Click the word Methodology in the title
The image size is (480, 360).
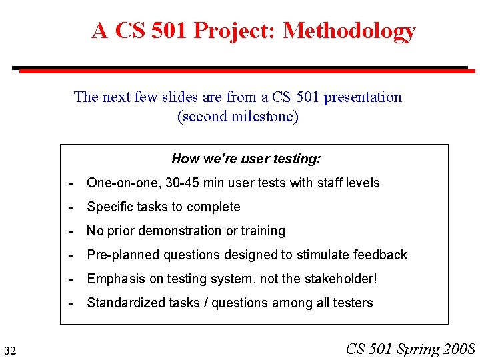point(349,31)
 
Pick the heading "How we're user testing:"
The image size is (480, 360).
point(246,159)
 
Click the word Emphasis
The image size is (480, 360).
point(114,279)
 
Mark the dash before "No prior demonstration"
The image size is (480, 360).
point(71,231)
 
